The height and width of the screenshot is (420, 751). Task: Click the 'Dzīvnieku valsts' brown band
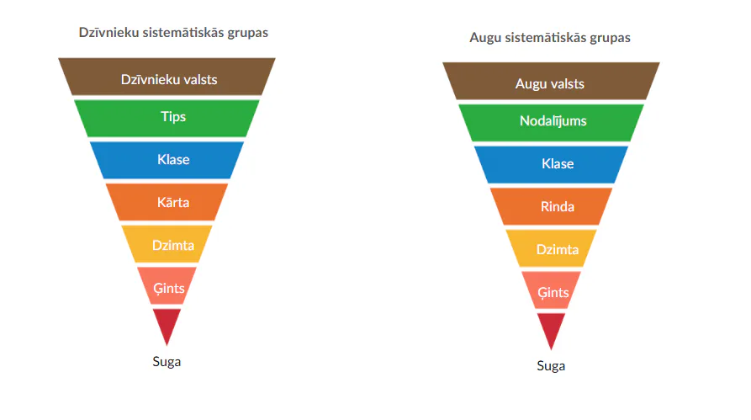point(167,77)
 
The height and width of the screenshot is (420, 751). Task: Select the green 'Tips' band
point(167,119)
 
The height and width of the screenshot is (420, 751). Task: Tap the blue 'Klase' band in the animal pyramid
point(167,160)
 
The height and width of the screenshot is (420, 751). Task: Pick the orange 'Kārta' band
point(167,202)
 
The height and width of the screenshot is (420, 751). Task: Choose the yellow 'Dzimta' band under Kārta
point(167,244)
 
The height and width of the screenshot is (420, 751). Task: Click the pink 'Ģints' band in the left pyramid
point(167,286)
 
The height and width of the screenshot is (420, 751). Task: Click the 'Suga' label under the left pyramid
point(167,362)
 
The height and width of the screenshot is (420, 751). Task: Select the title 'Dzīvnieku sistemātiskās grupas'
point(173,33)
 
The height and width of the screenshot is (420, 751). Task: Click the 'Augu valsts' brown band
point(551,81)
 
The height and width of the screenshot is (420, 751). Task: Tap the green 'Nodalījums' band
point(551,123)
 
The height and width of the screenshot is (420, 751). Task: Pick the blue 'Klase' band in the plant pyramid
point(551,164)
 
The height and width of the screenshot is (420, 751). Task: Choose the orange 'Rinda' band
point(551,206)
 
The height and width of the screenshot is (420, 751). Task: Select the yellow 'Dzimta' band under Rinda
point(551,248)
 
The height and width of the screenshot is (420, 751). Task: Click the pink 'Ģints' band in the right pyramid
point(551,290)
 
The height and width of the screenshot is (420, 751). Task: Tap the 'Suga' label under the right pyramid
point(551,366)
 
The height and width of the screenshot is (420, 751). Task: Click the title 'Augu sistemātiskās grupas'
point(550,37)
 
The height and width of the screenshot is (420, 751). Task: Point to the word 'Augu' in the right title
point(485,38)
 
